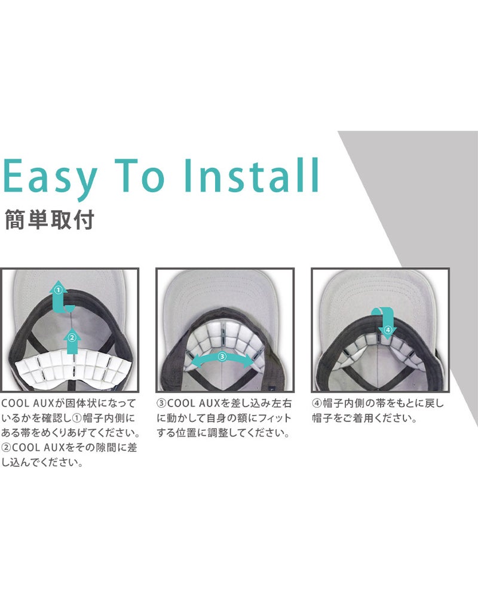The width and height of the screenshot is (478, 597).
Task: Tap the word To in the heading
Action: [x=140, y=176]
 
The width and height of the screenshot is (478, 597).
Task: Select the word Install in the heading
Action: [x=252, y=175]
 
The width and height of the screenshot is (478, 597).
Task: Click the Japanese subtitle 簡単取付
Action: [x=50, y=220]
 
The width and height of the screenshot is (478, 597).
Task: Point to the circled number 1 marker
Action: [x=58, y=290]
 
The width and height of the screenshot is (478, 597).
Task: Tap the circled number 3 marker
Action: [x=222, y=357]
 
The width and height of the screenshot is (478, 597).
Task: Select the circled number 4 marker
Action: [x=388, y=330]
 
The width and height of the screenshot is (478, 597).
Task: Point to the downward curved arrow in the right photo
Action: [x=386, y=320]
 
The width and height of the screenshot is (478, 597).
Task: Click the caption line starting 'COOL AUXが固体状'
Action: [x=69, y=403]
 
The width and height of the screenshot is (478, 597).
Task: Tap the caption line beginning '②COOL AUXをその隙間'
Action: [x=69, y=447]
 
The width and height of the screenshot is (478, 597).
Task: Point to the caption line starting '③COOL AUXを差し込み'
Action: [x=224, y=403]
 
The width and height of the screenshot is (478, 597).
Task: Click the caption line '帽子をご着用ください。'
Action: [x=365, y=418]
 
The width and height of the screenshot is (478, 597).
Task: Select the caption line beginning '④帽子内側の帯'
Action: [x=378, y=403]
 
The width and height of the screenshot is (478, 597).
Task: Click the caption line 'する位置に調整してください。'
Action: [x=223, y=433]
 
